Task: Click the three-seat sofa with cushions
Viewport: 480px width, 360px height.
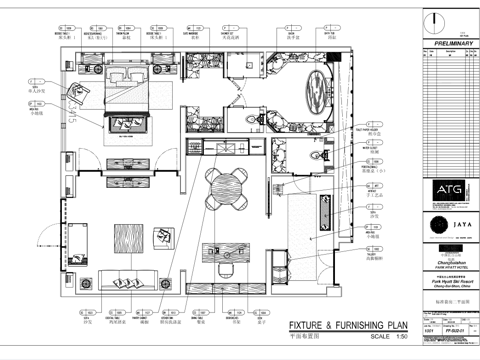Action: [128, 281]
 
